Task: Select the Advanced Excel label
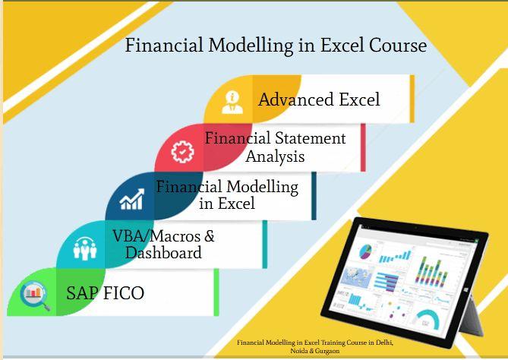tap(319, 99)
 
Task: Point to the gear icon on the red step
tap(182, 152)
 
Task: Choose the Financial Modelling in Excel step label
tap(227, 194)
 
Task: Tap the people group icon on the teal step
tap(84, 246)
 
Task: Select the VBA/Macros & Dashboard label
tap(164, 245)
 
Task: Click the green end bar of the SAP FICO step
tap(216, 292)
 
